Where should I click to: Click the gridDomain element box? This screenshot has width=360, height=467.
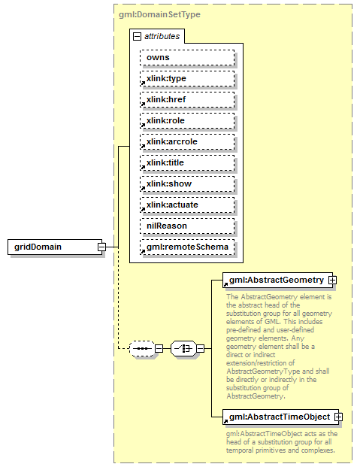click(52, 246)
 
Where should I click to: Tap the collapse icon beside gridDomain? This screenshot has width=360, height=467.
click(101, 246)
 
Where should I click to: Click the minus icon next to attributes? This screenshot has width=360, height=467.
click(137, 36)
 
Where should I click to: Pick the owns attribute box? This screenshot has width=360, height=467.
click(187, 57)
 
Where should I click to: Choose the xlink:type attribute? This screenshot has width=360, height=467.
click(187, 78)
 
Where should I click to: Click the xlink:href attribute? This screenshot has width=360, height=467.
click(187, 99)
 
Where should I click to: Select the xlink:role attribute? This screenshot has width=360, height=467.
click(187, 120)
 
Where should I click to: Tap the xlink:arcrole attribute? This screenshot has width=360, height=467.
click(187, 141)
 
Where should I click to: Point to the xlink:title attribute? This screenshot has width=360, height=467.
click(187, 162)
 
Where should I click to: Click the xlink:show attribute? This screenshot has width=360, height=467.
click(187, 183)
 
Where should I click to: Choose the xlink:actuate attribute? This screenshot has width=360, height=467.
click(187, 205)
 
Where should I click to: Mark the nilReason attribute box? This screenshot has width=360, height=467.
click(187, 226)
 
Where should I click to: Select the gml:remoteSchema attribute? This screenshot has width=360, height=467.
click(187, 247)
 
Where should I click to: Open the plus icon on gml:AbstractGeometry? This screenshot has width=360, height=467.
click(331, 280)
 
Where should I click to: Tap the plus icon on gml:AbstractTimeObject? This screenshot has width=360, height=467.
click(337, 416)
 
